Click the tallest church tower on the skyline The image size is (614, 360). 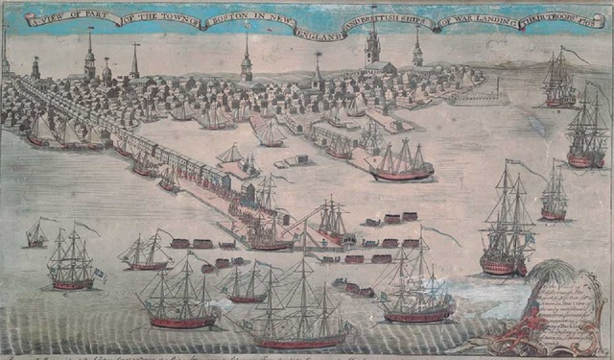coord(373,43)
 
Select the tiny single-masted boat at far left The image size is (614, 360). coord(35,234)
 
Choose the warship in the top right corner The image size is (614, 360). coord(559,81)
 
